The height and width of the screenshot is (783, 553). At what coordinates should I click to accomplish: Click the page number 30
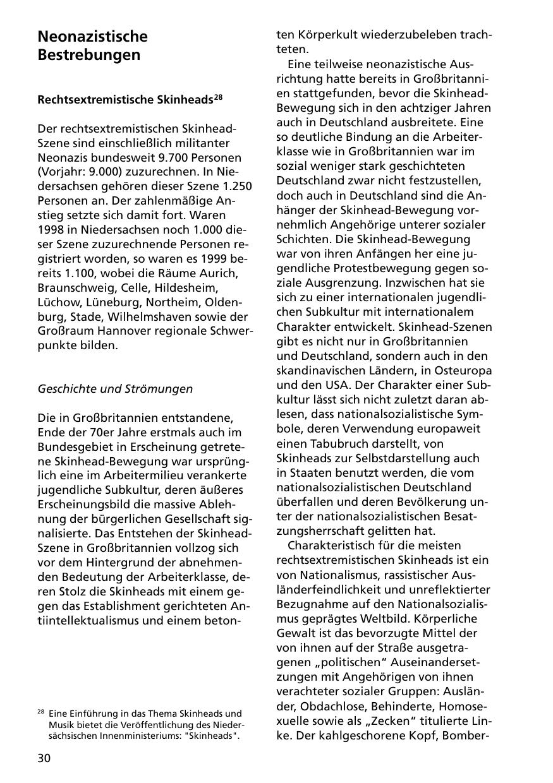pos(44,758)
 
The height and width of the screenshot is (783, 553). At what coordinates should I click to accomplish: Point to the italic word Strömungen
pos(160,389)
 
